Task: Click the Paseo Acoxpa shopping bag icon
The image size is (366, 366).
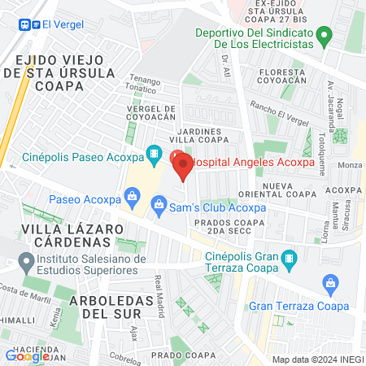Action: click(130, 196)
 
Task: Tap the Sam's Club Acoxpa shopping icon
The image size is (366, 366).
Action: click(159, 203)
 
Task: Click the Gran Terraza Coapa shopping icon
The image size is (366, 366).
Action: click(330, 283)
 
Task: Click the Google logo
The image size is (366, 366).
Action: click(27, 355)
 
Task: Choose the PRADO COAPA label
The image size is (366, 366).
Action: click(176, 355)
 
